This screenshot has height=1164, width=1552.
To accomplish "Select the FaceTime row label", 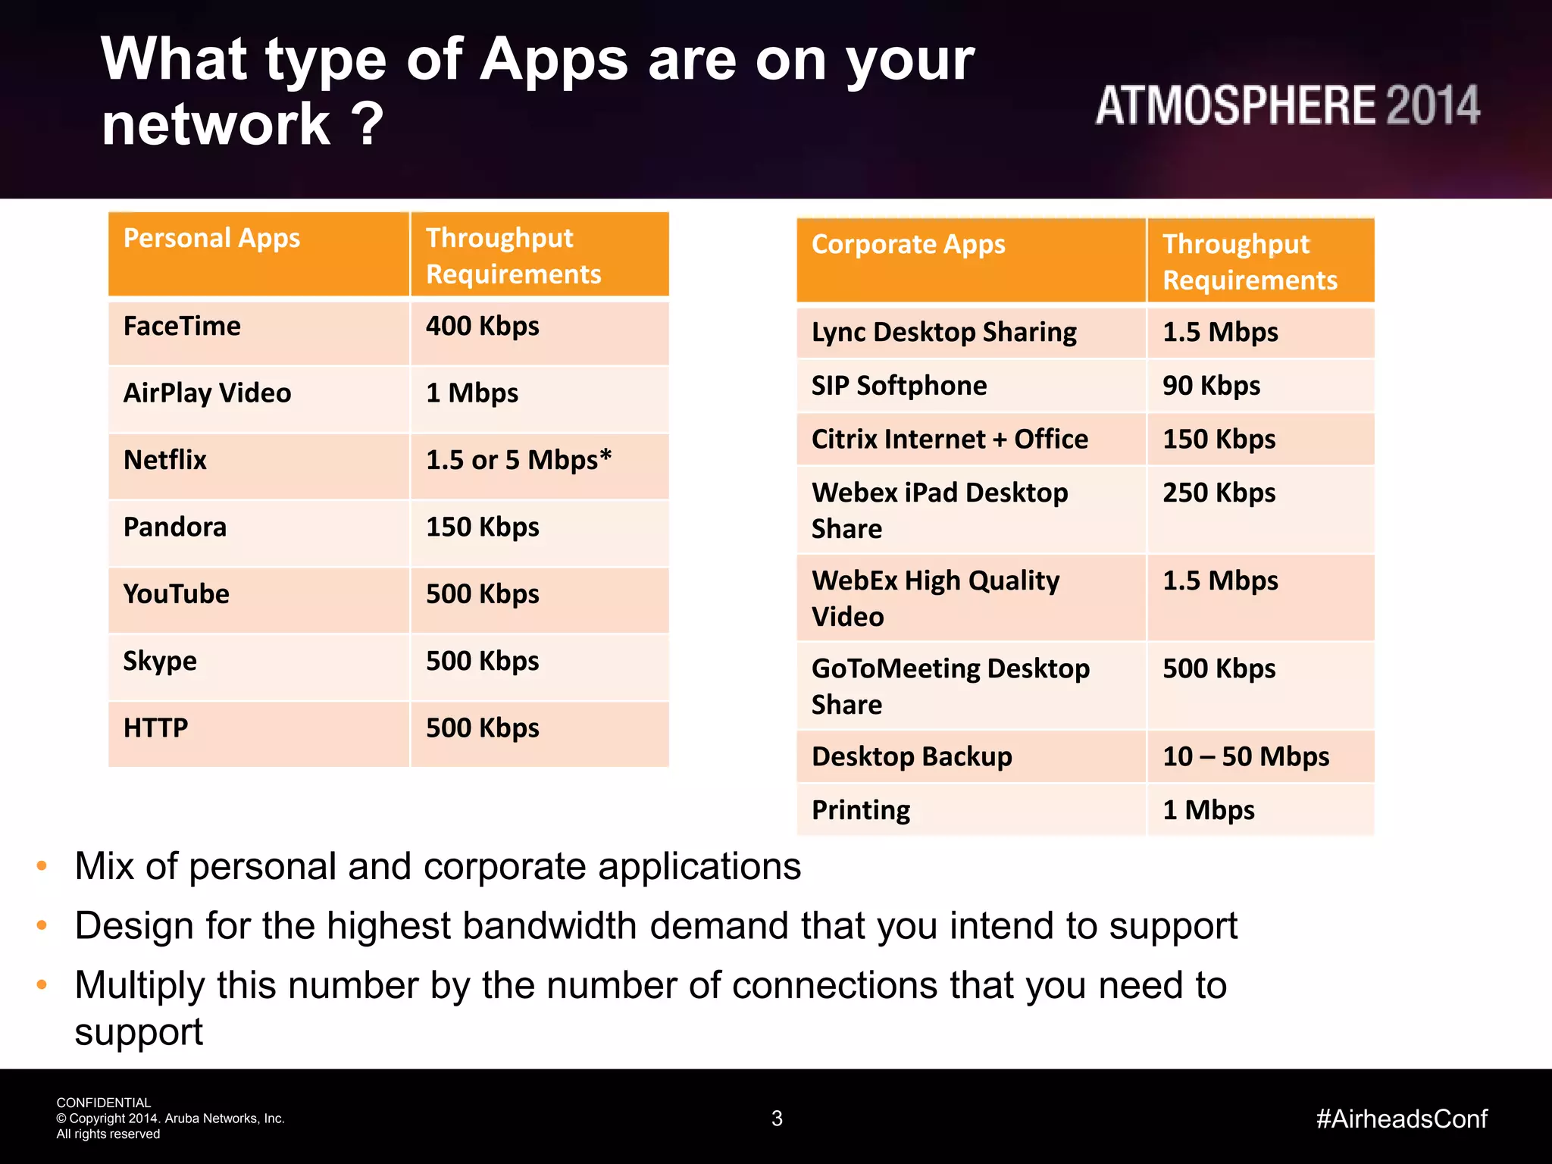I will (x=182, y=327).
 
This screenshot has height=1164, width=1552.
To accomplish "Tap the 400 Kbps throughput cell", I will (x=482, y=327).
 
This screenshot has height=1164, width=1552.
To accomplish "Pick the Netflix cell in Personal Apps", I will (x=165, y=460).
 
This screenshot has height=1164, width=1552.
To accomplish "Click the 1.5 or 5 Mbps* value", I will (x=518, y=460).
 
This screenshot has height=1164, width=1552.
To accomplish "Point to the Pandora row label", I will (x=174, y=527).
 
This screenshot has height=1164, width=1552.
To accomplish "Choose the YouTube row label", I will (x=176, y=594).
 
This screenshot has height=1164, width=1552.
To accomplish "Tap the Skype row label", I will (x=160, y=662).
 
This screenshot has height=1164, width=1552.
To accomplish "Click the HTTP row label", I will (x=155, y=728).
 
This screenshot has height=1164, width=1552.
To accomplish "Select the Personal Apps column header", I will (x=211, y=239).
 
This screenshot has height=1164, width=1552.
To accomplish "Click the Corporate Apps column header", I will (x=908, y=245).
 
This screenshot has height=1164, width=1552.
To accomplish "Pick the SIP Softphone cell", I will (x=899, y=386).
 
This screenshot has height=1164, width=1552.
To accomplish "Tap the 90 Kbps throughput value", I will (x=1211, y=386).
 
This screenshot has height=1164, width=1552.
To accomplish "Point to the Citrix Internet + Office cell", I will (x=950, y=440).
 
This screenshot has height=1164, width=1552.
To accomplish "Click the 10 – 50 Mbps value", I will (x=1246, y=756).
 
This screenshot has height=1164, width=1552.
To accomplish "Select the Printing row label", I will (x=861, y=810).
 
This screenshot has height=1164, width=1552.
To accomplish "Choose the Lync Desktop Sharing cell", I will (x=943, y=333).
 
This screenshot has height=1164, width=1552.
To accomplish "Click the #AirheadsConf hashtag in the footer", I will (x=1401, y=1119).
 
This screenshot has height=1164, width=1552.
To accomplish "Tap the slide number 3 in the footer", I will (x=777, y=1119).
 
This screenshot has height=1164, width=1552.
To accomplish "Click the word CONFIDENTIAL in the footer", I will (x=104, y=1103).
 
